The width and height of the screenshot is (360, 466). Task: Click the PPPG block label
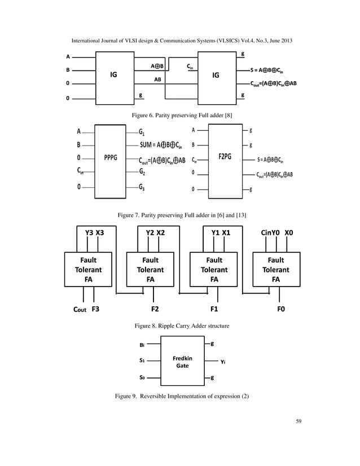(x=110, y=157)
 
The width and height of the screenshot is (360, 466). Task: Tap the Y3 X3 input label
(x=94, y=232)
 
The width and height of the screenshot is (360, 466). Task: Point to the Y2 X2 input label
(x=155, y=232)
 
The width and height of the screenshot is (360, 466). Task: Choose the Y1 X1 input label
(x=220, y=232)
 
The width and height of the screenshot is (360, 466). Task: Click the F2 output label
(x=155, y=309)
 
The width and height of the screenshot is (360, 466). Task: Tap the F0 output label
(x=280, y=309)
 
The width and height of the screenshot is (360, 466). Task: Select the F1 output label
(x=214, y=309)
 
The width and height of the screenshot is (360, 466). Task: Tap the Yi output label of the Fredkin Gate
(x=223, y=362)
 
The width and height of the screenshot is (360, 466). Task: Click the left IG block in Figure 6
(x=113, y=74)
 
